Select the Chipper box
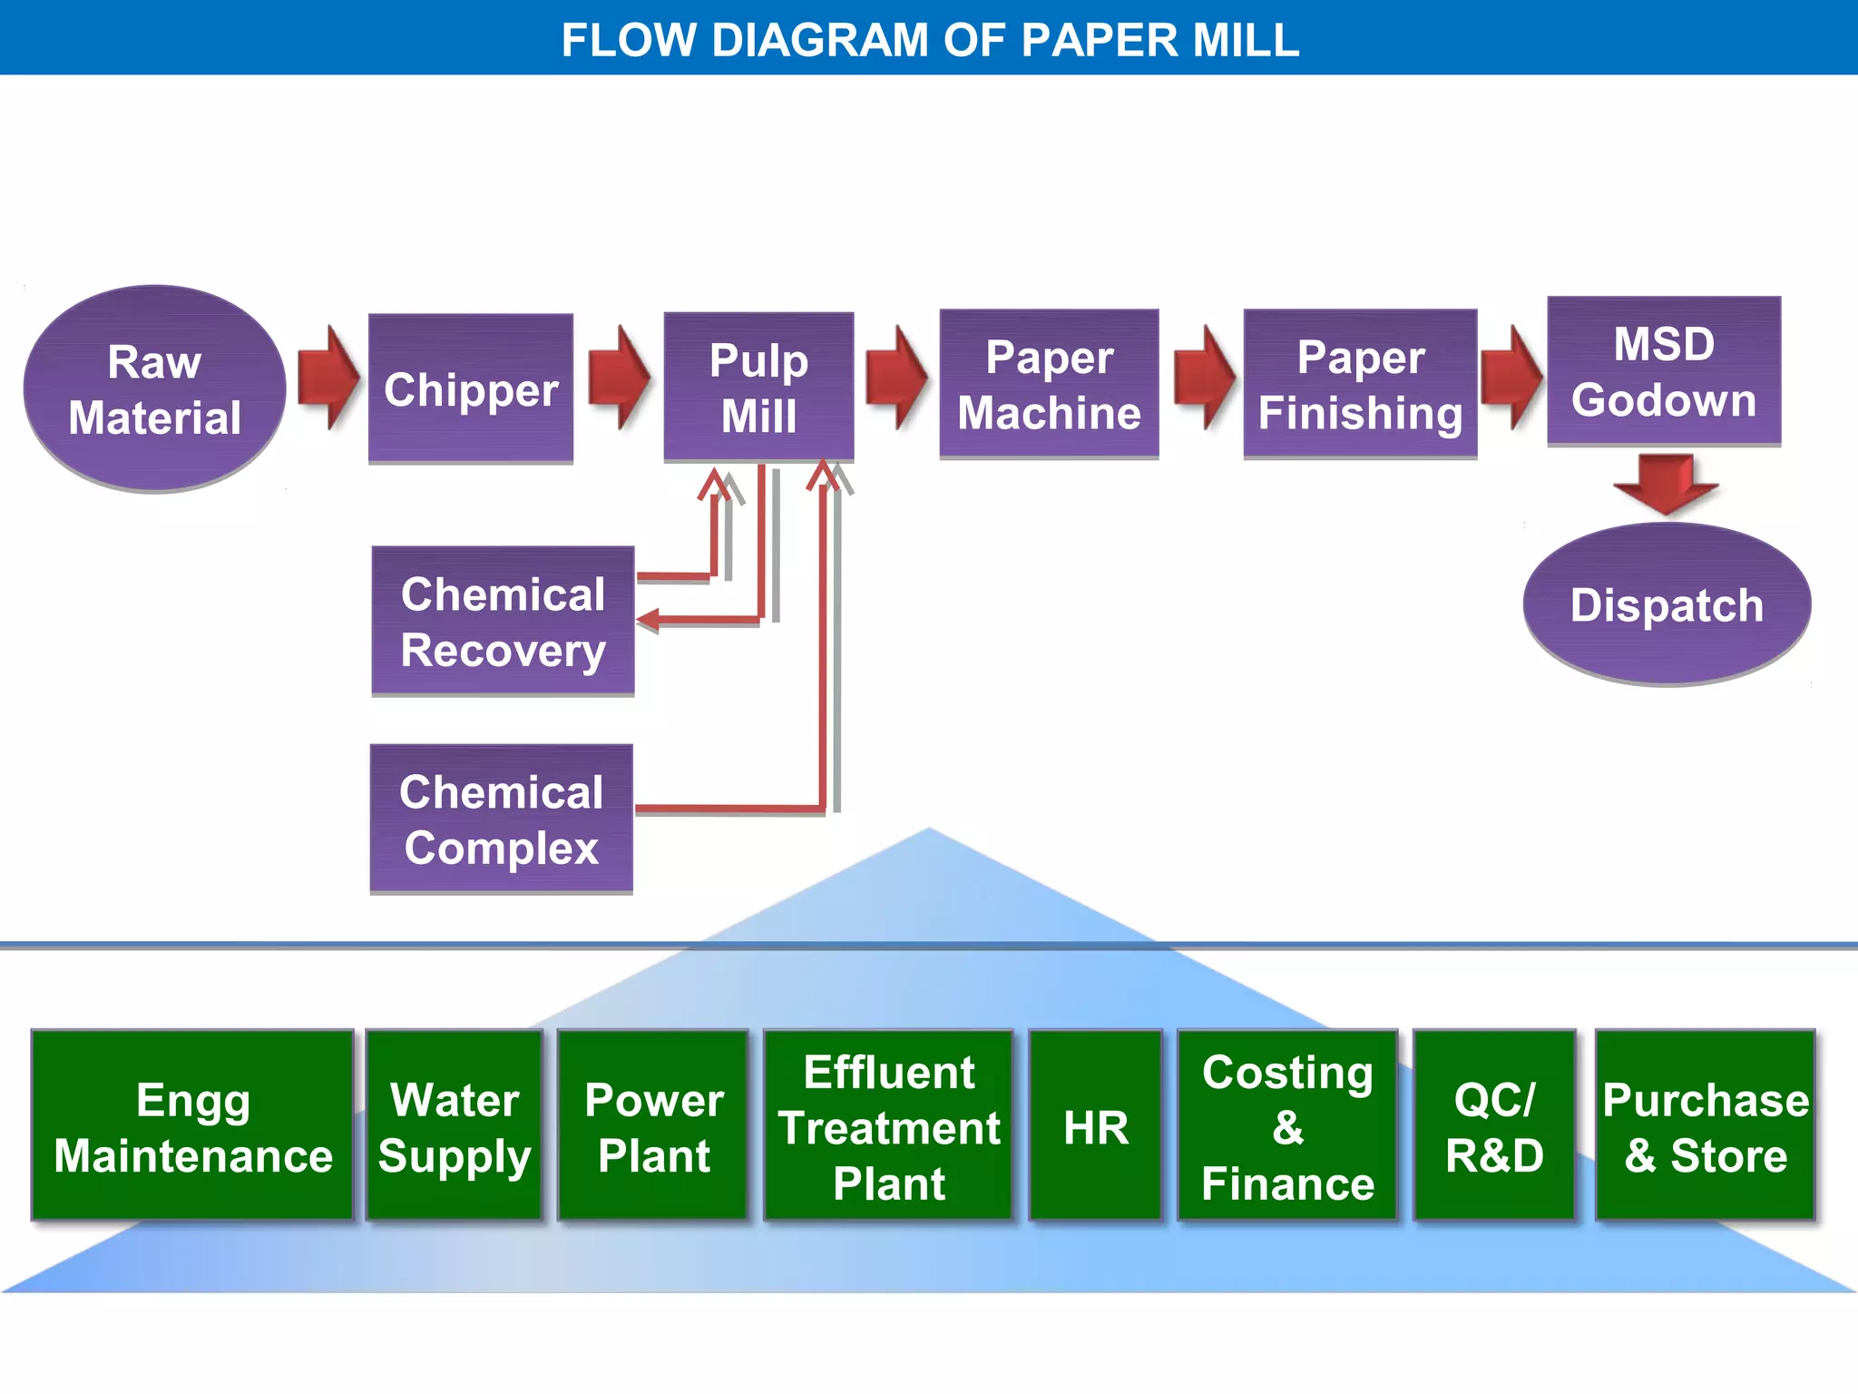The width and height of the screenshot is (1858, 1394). pyautogui.click(x=470, y=388)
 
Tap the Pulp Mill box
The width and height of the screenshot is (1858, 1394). pyautogui.click(x=758, y=387)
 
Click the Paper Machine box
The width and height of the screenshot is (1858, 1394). pyautogui.click(x=1049, y=383)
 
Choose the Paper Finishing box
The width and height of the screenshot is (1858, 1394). pyautogui.click(x=1360, y=383)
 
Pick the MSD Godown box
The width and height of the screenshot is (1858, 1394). pyautogui.click(x=1664, y=370)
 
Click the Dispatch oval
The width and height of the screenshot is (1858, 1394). pyautogui.click(x=1667, y=604)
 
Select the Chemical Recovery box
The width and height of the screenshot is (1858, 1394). pyautogui.click(x=503, y=622)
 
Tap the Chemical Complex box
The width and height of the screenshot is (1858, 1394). pyautogui.click(x=501, y=819)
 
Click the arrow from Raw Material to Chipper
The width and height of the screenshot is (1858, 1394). pyautogui.click(x=328, y=377)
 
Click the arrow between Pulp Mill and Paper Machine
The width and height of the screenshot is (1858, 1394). pyautogui.click(x=896, y=377)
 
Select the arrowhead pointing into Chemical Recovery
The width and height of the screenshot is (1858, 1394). pyautogui.click(x=648, y=621)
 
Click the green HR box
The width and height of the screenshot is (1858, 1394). pyautogui.click(x=1095, y=1125)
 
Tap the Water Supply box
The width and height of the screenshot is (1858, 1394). pyautogui.click(x=454, y=1125)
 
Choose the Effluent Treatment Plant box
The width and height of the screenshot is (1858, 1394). pyautogui.click(x=888, y=1125)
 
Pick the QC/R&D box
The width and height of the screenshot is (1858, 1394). pyautogui.click(x=1494, y=1125)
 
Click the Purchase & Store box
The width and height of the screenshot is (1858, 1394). pyautogui.click(x=1705, y=1125)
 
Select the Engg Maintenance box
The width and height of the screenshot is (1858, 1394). pyautogui.click(x=192, y=1125)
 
